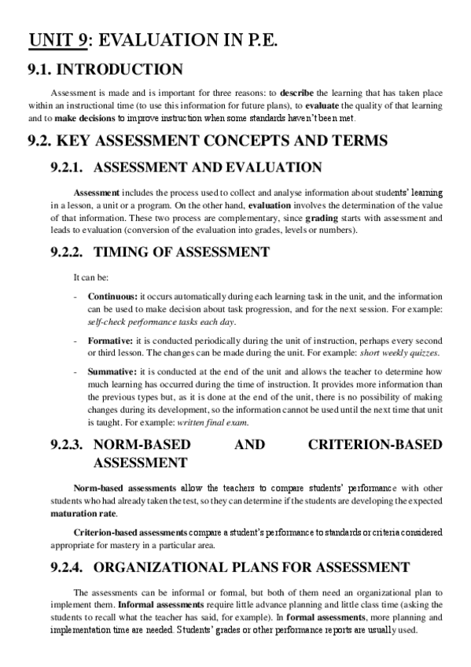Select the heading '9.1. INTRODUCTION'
click(106, 69)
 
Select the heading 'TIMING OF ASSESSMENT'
click(181, 252)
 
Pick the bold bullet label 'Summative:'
click(112, 370)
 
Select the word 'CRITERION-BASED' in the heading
click(375, 445)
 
